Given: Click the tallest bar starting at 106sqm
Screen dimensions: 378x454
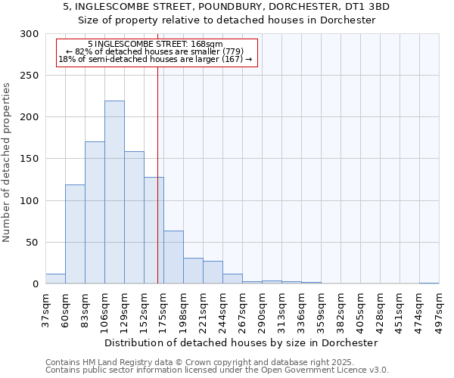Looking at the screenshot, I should pos(114,192).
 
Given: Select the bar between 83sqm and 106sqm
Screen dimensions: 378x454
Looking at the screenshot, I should pos(95,212).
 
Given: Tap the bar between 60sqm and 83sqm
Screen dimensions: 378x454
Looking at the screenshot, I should pos(75,234).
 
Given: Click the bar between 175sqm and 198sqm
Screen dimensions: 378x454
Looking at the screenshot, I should pos(173,257).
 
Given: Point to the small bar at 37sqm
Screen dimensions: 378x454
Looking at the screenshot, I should pos(55,279).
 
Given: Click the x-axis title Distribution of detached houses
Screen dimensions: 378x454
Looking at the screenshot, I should pos(242,342).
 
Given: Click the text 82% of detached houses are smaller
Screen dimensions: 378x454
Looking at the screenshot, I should pos(155,51).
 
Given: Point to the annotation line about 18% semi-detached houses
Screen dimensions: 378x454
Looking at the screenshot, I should pos(155,59).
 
